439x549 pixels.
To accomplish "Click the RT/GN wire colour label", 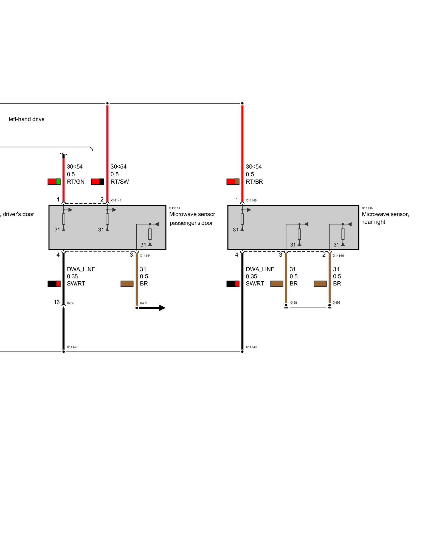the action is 75,182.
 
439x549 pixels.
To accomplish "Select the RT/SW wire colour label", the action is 120,182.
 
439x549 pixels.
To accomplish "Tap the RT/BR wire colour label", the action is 254,182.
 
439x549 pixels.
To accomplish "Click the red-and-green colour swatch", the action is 54,182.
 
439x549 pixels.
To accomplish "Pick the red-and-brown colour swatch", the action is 233,182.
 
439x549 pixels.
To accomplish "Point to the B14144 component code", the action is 175,208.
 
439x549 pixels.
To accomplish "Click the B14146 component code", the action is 367,208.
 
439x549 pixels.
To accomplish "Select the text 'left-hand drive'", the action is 26,119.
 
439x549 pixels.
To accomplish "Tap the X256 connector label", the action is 71,303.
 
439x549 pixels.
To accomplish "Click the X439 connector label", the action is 143,303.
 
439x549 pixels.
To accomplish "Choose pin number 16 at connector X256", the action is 57,302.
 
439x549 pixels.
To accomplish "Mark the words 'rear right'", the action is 374,222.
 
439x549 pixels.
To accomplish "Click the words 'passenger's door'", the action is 191,223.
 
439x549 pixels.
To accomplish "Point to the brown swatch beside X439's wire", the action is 127,284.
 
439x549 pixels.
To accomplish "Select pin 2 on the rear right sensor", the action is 324,255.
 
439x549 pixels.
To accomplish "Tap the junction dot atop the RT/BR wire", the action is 242,103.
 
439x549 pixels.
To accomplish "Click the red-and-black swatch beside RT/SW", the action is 98,182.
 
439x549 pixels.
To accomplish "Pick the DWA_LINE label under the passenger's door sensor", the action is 81,269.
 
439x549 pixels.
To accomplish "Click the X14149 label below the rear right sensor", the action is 251,347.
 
